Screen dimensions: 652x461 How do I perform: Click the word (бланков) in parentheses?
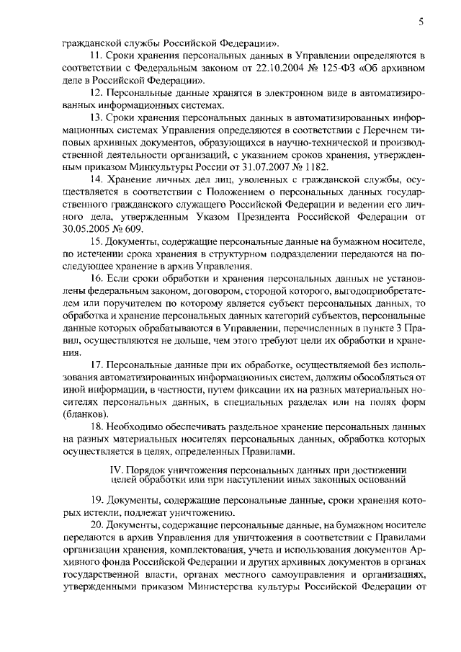[x=86, y=414]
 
